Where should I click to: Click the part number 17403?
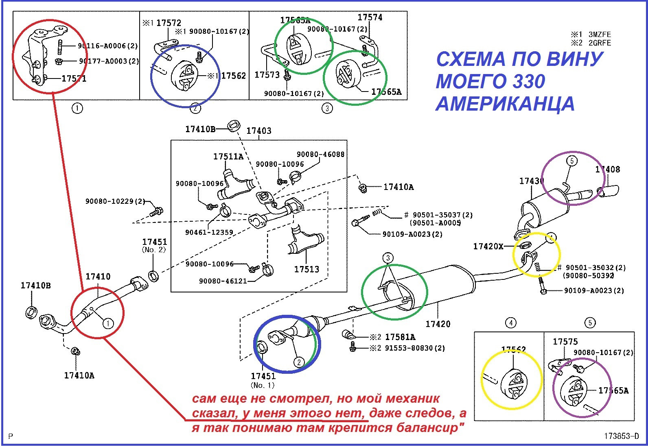(259, 131)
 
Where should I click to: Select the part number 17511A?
(228, 157)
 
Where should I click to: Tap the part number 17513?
(306, 269)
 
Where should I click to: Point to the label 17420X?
(488, 246)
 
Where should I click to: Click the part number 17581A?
(400, 337)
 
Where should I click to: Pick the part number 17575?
(565, 342)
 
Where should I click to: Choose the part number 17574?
(370, 17)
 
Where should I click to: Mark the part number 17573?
(267, 75)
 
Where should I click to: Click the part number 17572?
(169, 23)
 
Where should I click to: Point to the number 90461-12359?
(209, 233)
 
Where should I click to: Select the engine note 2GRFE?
(600, 43)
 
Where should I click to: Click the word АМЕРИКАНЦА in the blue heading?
(505, 104)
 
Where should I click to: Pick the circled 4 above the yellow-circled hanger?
(510, 323)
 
